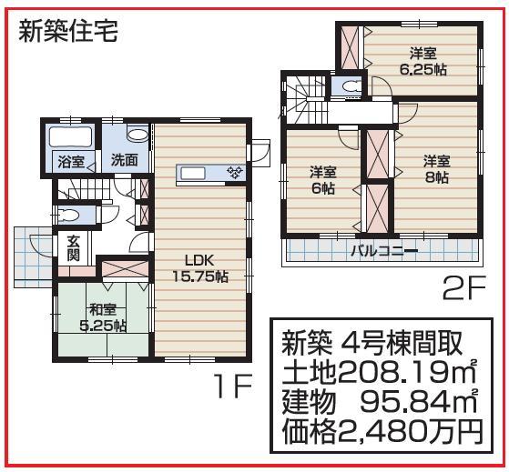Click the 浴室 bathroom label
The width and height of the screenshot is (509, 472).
click(70, 163)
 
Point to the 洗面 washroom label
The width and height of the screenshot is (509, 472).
click(124, 159)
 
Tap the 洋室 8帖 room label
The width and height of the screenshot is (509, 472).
click(435, 170)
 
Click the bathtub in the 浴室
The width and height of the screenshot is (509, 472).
click(69, 140)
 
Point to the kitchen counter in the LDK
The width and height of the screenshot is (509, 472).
click(210, 172)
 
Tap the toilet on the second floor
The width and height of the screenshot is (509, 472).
click(347, 85)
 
